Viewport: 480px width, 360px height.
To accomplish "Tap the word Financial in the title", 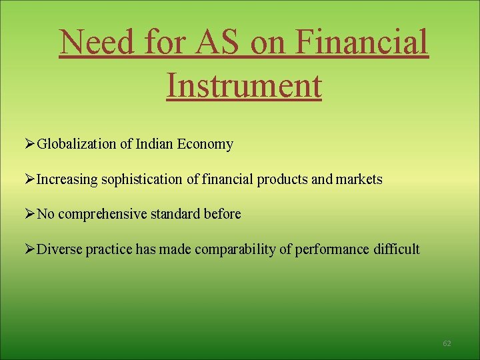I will point(361,43).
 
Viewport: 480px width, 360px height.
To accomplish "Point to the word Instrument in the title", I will point(243,85).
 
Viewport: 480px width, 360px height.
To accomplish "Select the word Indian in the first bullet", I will point(153,144).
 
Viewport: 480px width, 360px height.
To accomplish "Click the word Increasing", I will point(66,179).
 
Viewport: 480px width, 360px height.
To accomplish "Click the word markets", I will point(359,179).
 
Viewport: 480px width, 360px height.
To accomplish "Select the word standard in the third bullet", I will point(170,215).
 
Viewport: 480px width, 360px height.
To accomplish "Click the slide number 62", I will point(447,343).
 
